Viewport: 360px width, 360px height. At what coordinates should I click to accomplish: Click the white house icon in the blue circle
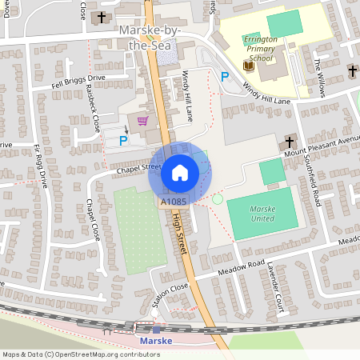179,172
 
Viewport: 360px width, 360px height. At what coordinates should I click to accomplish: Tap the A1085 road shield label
174,202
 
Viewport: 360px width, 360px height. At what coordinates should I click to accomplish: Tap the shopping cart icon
142,121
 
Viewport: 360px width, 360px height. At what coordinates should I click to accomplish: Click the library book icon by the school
247,65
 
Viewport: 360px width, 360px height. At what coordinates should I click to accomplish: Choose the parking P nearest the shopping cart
122,140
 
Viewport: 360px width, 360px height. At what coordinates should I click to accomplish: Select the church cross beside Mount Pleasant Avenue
290,142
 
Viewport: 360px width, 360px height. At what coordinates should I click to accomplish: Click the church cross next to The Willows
352,72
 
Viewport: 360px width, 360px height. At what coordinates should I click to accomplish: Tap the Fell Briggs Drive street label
78,82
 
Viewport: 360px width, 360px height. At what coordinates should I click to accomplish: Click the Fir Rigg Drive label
41,166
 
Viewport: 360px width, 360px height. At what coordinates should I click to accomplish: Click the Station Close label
170,295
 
